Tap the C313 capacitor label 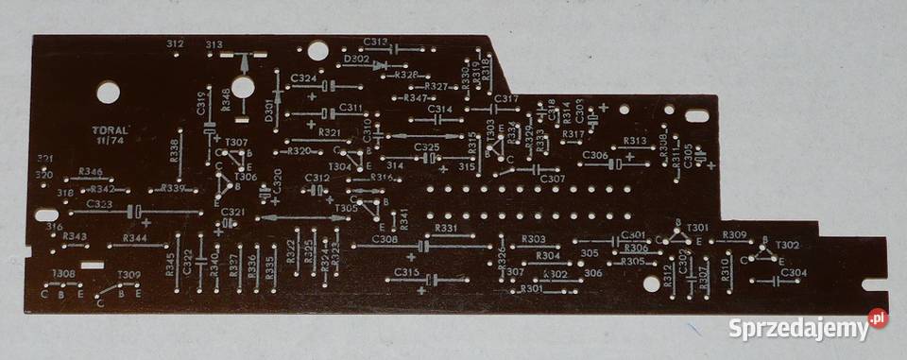point(375,43)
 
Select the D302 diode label point(357,59)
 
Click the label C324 point(304,77)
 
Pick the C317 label point(506,98)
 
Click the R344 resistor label point(134,238)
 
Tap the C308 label point(385,239)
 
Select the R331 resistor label point(447,228)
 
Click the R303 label point(533,239)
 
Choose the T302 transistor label point(787,245)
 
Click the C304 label point(794,273)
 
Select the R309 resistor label point(734,234)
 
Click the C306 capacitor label point(594,155)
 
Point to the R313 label point(635,141)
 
